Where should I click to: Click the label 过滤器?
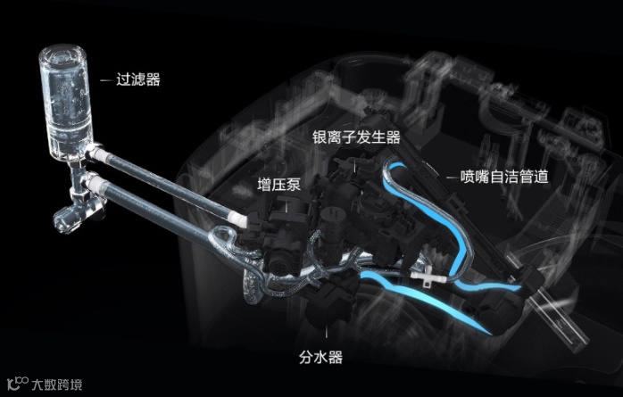click(x=138, y=79)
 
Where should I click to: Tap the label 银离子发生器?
click(x=356, y=137)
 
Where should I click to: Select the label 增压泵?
click(x=278, y=186)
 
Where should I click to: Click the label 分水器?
click(x=322, y=357)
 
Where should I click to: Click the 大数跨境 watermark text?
click(x=57, y=385)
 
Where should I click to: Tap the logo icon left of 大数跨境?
click(x=15, y=385)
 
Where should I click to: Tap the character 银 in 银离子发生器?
click(x=320, y=137)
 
